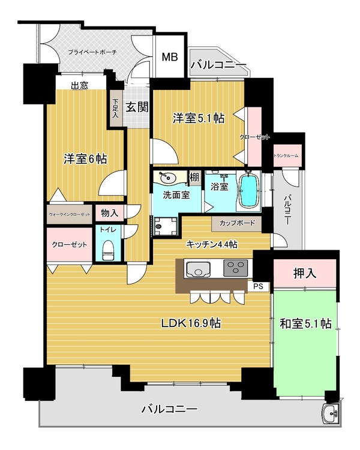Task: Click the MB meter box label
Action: (170, 57)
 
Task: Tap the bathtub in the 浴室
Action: (248, 191)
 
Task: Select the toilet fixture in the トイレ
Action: (107, 250)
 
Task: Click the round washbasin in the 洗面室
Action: (167, 178)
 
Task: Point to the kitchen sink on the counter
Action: (198, 269)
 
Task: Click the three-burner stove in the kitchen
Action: (235, 268)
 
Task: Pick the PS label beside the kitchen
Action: (259, 286)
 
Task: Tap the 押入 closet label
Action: (304, 273)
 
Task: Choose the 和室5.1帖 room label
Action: (306, 324)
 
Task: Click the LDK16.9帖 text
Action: (191, 323)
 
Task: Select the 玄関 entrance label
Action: (137, 107)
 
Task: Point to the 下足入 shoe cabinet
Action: (115, 109)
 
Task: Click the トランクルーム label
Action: (286, 156)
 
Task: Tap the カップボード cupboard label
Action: (237, 223)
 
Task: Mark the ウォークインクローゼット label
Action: (70, 214)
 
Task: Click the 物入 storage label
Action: (109, 213)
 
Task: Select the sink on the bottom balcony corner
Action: (331, 413)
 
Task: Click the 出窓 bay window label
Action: (80, 86)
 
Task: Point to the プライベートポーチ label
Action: (92, 52)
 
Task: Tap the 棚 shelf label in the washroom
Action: (194, 178)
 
